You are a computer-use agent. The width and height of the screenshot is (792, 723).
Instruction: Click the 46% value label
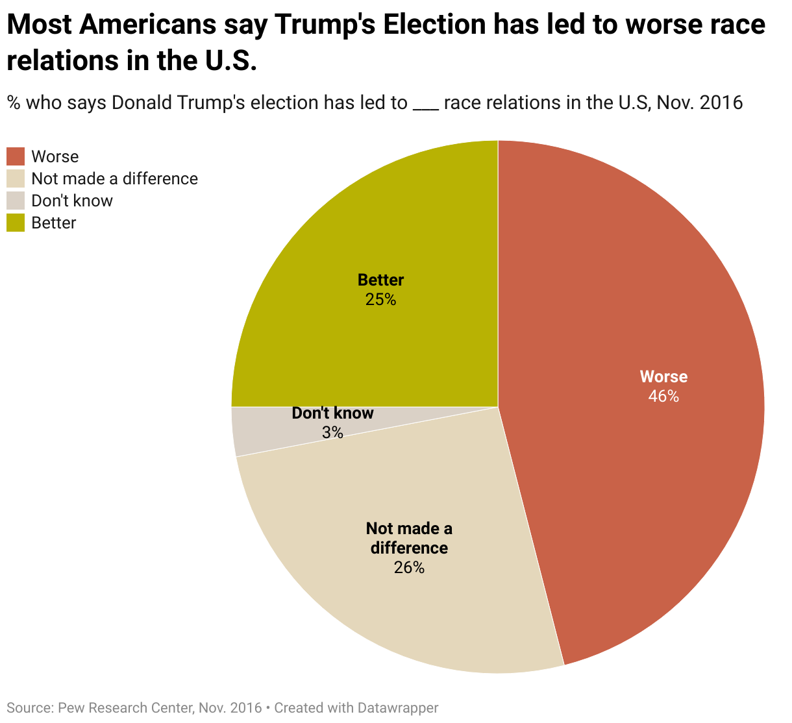(663, 397)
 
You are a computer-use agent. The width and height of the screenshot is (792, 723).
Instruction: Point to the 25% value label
(380, 300)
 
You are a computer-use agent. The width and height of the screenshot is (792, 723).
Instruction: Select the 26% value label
(409, 568)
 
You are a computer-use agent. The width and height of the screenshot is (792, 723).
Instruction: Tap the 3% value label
(332, 432)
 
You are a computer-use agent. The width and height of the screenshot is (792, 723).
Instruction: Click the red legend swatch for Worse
(16, 156)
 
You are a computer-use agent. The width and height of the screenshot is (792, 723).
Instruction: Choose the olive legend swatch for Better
(16, 223)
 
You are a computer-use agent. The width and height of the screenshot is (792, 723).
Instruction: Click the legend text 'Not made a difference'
(114, 178)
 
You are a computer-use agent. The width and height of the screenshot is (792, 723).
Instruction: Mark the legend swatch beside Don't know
(16, 201)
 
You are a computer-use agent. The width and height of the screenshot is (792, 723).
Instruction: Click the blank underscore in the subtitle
(426, 105)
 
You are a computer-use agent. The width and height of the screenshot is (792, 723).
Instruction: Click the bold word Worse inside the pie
(663, 377)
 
